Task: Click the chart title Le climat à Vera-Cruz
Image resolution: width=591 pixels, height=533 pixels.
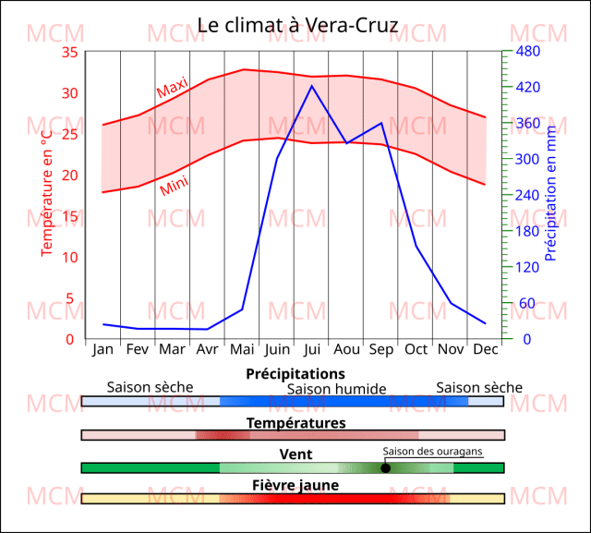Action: pos(298,25)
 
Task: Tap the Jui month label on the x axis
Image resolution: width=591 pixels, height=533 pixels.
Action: pos(311,349)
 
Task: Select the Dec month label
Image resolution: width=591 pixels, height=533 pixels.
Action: pos(485,349)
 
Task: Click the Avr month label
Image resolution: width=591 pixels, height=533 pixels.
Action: pos(207,349)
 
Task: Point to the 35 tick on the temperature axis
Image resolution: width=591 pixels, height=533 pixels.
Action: pos(69,52)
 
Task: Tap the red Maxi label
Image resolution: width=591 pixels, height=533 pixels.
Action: pos(172,89)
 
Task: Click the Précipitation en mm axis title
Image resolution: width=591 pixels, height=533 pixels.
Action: pos(551,193)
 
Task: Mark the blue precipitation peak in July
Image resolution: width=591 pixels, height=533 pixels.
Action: pos(311,86)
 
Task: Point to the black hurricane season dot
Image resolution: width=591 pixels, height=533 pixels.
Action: pos(385,468)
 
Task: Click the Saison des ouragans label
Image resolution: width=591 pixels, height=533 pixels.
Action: pos(432,450)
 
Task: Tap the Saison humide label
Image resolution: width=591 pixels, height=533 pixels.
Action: pos(336,389)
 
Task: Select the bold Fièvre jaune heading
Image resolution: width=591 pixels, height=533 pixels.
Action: pos(295,485)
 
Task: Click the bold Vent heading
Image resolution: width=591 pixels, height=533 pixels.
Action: pos(295,454)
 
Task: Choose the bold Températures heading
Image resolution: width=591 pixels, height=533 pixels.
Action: pos(295,423)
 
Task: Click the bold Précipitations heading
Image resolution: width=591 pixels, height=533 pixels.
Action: pos(295,374)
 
